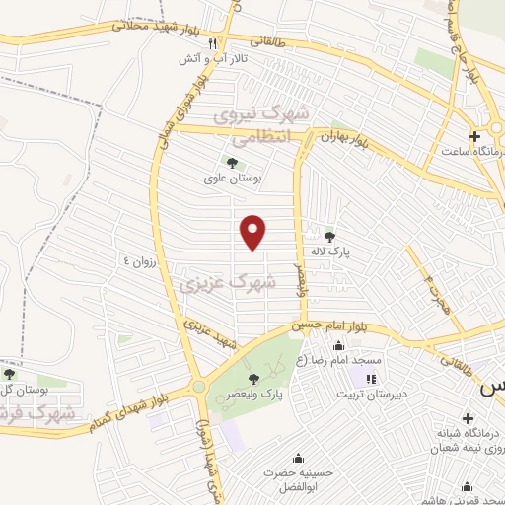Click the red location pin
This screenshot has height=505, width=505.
pos(254,233)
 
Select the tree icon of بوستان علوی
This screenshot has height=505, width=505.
pos(232,163)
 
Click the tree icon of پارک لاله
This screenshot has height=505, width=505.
pos(329,236)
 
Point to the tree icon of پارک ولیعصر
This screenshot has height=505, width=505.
pos(253,379)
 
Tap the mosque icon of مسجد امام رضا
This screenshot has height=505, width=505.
pos(339,345)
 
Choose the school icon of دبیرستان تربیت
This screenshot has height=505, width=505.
pos(371,379)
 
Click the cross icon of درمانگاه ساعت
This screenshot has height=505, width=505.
pos(475,135)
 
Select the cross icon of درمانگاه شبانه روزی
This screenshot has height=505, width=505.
pos(468,417)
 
